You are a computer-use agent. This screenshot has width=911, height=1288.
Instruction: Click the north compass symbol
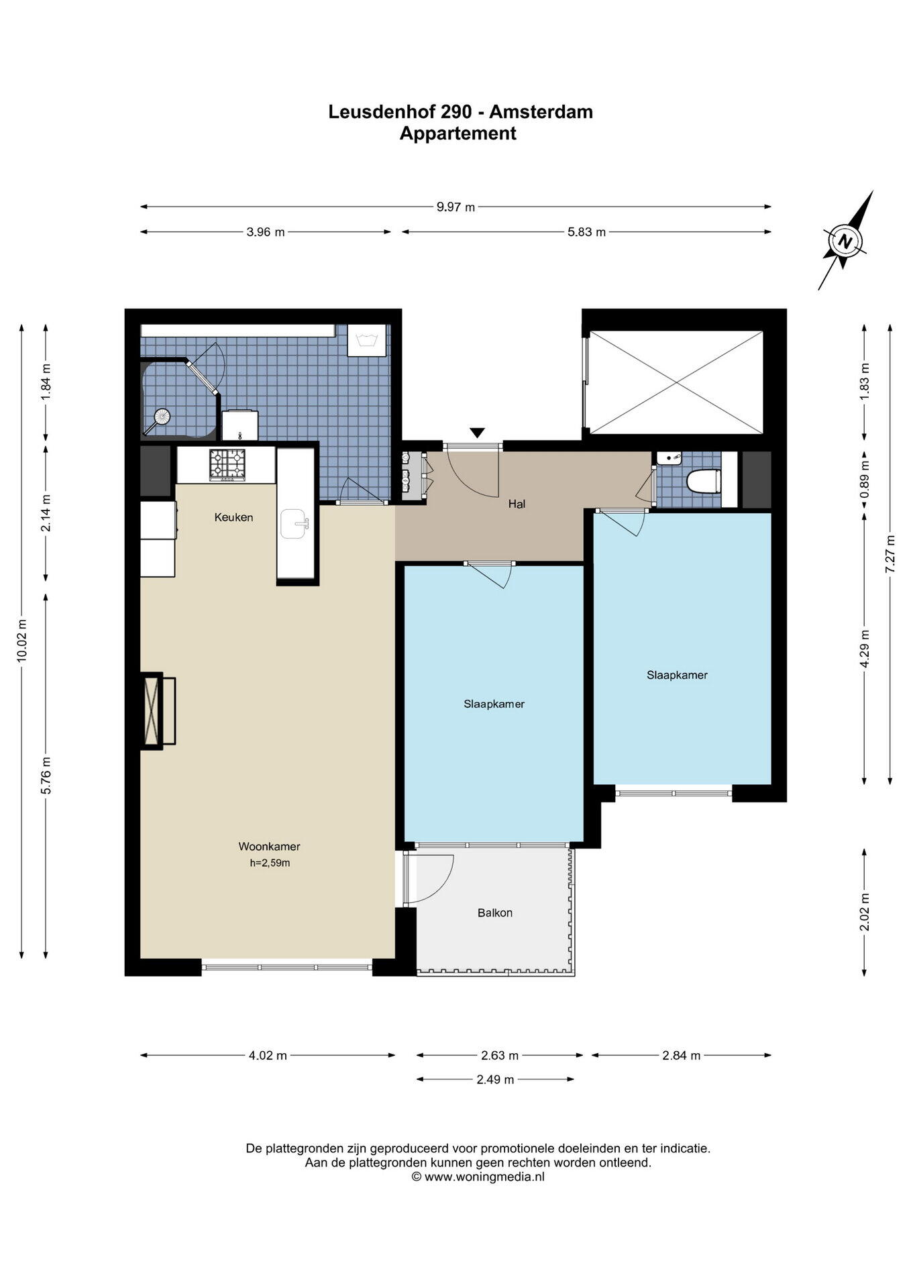(x=846, y=241)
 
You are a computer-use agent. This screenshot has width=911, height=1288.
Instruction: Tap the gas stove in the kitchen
(x=227, y=464)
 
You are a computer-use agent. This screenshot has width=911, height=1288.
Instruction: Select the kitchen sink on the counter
(x=295, y=524)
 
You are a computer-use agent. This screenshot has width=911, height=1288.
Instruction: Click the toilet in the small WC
(x=704, y=481)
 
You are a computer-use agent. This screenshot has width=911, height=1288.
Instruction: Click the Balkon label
(x=495, y=912)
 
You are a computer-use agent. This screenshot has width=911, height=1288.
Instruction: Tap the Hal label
(x=517, y=504)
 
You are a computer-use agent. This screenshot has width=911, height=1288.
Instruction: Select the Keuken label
(x=233, y=517)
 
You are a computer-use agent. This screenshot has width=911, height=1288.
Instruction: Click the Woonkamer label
(x=269, y=846)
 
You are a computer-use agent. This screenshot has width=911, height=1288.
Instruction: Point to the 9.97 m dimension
(x=455, y=207)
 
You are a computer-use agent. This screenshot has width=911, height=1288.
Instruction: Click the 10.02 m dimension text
(x=22, y=639)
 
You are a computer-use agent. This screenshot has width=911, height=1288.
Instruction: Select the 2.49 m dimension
(x=495, y=1079)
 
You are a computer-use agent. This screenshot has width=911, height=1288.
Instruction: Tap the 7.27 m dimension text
(x=890, y=553)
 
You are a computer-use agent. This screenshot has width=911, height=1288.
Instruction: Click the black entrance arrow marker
(x=477, y=433)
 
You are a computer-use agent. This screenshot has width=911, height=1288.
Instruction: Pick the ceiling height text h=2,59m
(x=270, y=863)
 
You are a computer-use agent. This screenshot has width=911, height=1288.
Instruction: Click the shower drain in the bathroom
(x=161, y=417)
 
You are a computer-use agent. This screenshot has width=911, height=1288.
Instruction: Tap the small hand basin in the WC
(x=669, y=459)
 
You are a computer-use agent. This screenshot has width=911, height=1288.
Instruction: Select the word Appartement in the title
(x=458, y=133)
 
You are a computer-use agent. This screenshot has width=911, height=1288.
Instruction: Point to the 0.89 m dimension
(x=865, y=482)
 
